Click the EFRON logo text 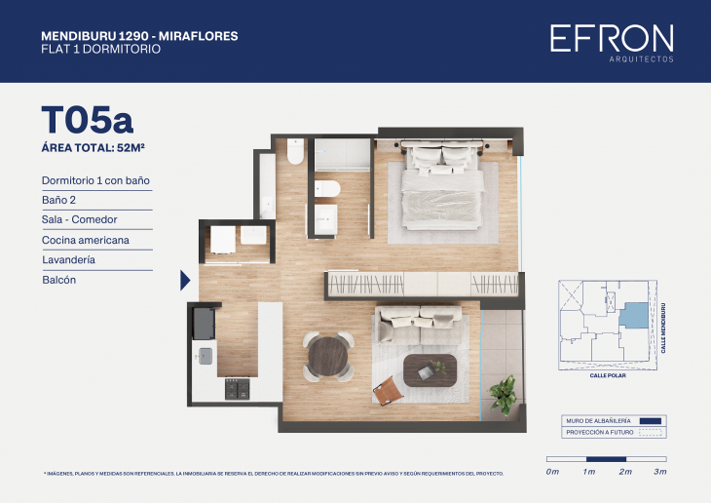(611, 38)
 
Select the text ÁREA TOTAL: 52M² (100, 148)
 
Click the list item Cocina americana (86, 240)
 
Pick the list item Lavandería (72, 260)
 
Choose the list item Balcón (59, 280)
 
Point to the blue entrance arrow (185, 281)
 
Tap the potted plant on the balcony (504, 395)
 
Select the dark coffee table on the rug (430, 370)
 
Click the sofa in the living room (419, 319)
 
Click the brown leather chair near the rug (390, 391)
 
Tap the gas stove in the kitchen (237, 389)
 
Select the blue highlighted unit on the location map (633, 315)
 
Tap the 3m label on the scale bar (660, 472)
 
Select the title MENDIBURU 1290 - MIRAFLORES (139, 36)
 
